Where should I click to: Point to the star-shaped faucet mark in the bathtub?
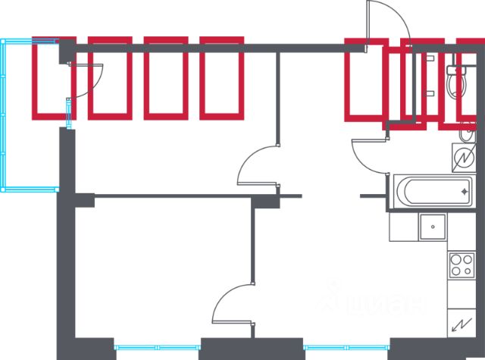[465, 191]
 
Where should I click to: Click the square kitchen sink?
[433, 226]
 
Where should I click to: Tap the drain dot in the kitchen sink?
[433, 225]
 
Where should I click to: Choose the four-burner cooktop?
[460, 265]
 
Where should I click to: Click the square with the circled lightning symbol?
[462, 158]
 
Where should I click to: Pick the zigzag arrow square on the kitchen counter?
[460, 325]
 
